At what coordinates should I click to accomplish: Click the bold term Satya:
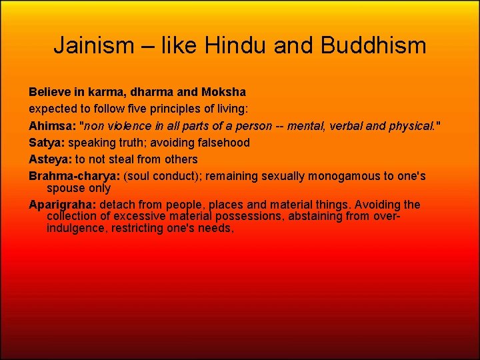[x=47, y=143]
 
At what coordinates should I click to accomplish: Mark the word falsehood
[x=222, y=143]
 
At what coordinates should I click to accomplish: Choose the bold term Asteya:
[x=50, y=159]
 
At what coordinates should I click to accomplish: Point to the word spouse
[x=66, y=188]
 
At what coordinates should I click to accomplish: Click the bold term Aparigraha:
[x=63, y=205]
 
